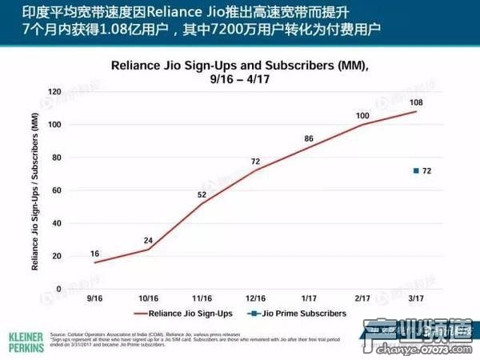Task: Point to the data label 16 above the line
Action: (x=95, y=253)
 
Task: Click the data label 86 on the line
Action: (x=309, y=139)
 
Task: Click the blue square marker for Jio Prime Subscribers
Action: (x=415, y=171)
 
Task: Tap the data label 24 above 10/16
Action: (x=148, y=241)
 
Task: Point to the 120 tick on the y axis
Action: (x=54, y=92)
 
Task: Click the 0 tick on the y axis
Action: (x=58, y=289)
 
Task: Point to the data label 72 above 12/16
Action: (x=256, y=162)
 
